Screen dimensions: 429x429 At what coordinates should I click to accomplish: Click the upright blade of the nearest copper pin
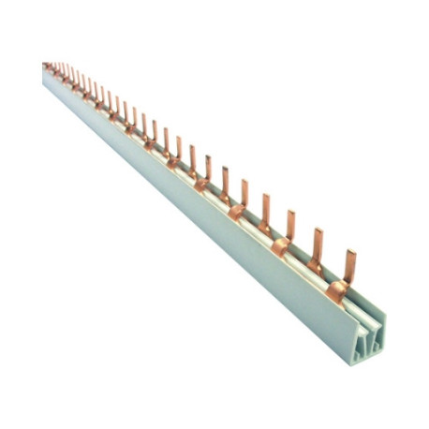click(351, 264)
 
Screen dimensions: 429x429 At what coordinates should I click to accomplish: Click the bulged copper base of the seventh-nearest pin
click(200, 185)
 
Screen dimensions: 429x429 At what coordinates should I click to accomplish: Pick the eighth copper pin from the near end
click(192, 158)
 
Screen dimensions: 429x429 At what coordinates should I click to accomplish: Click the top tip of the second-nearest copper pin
click(318, 230)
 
